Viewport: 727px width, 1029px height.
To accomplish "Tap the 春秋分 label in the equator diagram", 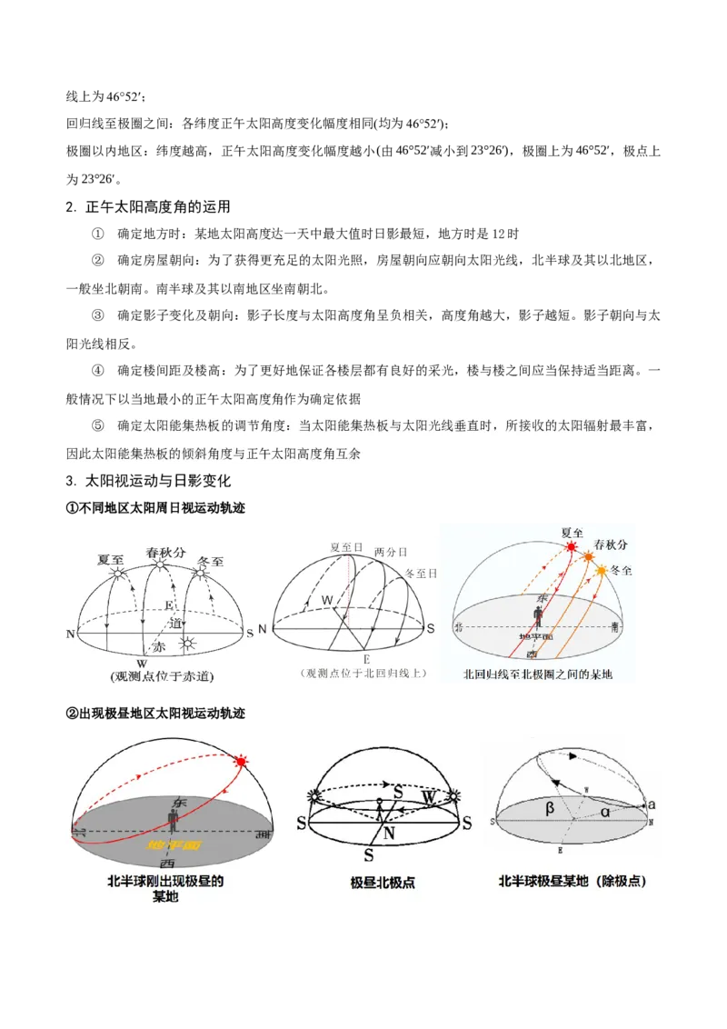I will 164,552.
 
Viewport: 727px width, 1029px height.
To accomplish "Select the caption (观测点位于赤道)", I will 161,676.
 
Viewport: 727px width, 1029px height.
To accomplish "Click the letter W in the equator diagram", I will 141,663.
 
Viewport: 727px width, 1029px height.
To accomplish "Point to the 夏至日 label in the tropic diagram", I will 346,547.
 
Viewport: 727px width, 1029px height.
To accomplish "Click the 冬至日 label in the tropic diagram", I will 421,574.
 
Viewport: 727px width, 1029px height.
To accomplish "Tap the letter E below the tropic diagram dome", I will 367,657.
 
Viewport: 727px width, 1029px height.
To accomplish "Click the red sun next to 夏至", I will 572,547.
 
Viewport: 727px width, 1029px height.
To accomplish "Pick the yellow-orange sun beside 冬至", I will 601,570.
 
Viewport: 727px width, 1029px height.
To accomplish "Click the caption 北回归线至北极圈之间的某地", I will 538,674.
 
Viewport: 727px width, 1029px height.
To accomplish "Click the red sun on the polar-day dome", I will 241,761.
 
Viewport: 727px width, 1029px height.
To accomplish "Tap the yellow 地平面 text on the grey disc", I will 174,844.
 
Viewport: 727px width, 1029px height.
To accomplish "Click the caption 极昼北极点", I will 383,883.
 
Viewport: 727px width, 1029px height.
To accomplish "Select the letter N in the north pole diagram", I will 387,832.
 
